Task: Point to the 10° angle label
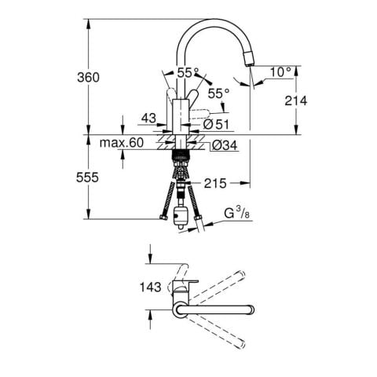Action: [x=280, y=71]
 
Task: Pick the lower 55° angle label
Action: [x=218, y=93]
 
